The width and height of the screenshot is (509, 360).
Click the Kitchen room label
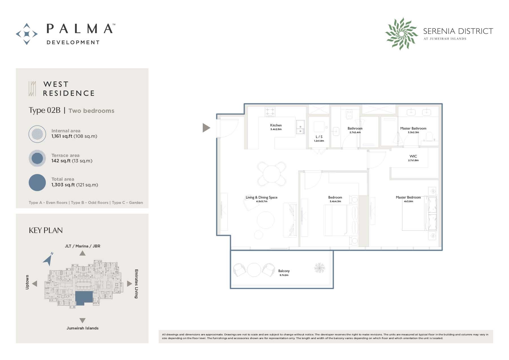(x=276, y=125)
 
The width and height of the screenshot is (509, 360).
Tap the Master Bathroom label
(x=413, y=128)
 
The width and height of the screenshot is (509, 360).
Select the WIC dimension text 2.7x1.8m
(x=413, y=160)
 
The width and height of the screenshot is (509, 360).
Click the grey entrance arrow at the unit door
(x=206, y=128)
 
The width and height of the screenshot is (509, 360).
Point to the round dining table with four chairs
(x=271, y=173)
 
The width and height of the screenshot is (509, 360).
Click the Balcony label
(x=284, y=271)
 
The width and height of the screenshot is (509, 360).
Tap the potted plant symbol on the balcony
(x=320, y=268)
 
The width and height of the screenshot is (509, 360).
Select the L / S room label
(x=319, y=137)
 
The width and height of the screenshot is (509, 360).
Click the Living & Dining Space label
(x=261, y=197)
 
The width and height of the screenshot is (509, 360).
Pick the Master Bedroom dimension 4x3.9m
(x=408, y=201)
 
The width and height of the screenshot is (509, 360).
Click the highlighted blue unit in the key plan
(x=84, y=298)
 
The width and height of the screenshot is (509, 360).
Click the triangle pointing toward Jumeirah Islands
(x=82, y=320)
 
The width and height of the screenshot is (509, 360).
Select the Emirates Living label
(x=136, y=284)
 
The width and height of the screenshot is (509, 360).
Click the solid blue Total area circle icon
(x=37, y=182)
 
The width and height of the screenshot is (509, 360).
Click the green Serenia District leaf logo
(x=402, y=34)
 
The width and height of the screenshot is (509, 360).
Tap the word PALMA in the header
(x=79, y=29)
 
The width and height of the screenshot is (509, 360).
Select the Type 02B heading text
(x=44, y=110)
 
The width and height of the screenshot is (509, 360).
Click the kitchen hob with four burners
(x=270, y=111)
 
